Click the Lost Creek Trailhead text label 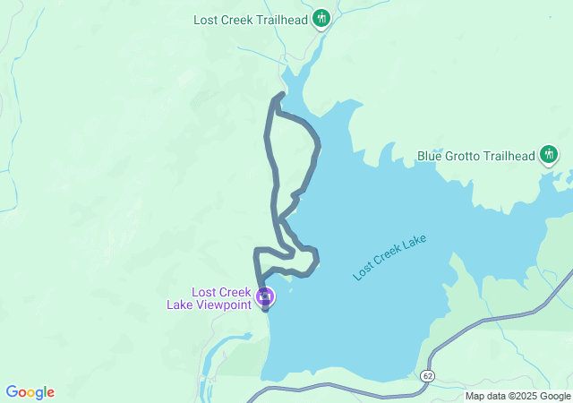[x=251, y=19]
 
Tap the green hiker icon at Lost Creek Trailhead [x=321, y=19]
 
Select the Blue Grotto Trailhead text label [x=475, y=156]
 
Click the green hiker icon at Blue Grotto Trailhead [x=550, y=156]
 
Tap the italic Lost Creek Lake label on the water [x=389, y=257]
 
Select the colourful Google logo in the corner [x=30, y=392]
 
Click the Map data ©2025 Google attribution [x=517, y=396]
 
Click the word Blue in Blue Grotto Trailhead [x=431, y=156]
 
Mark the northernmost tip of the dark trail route [x=283, y=93]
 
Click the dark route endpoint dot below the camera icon [x=265, y=310]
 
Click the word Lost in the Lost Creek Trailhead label [x=207, y=19]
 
